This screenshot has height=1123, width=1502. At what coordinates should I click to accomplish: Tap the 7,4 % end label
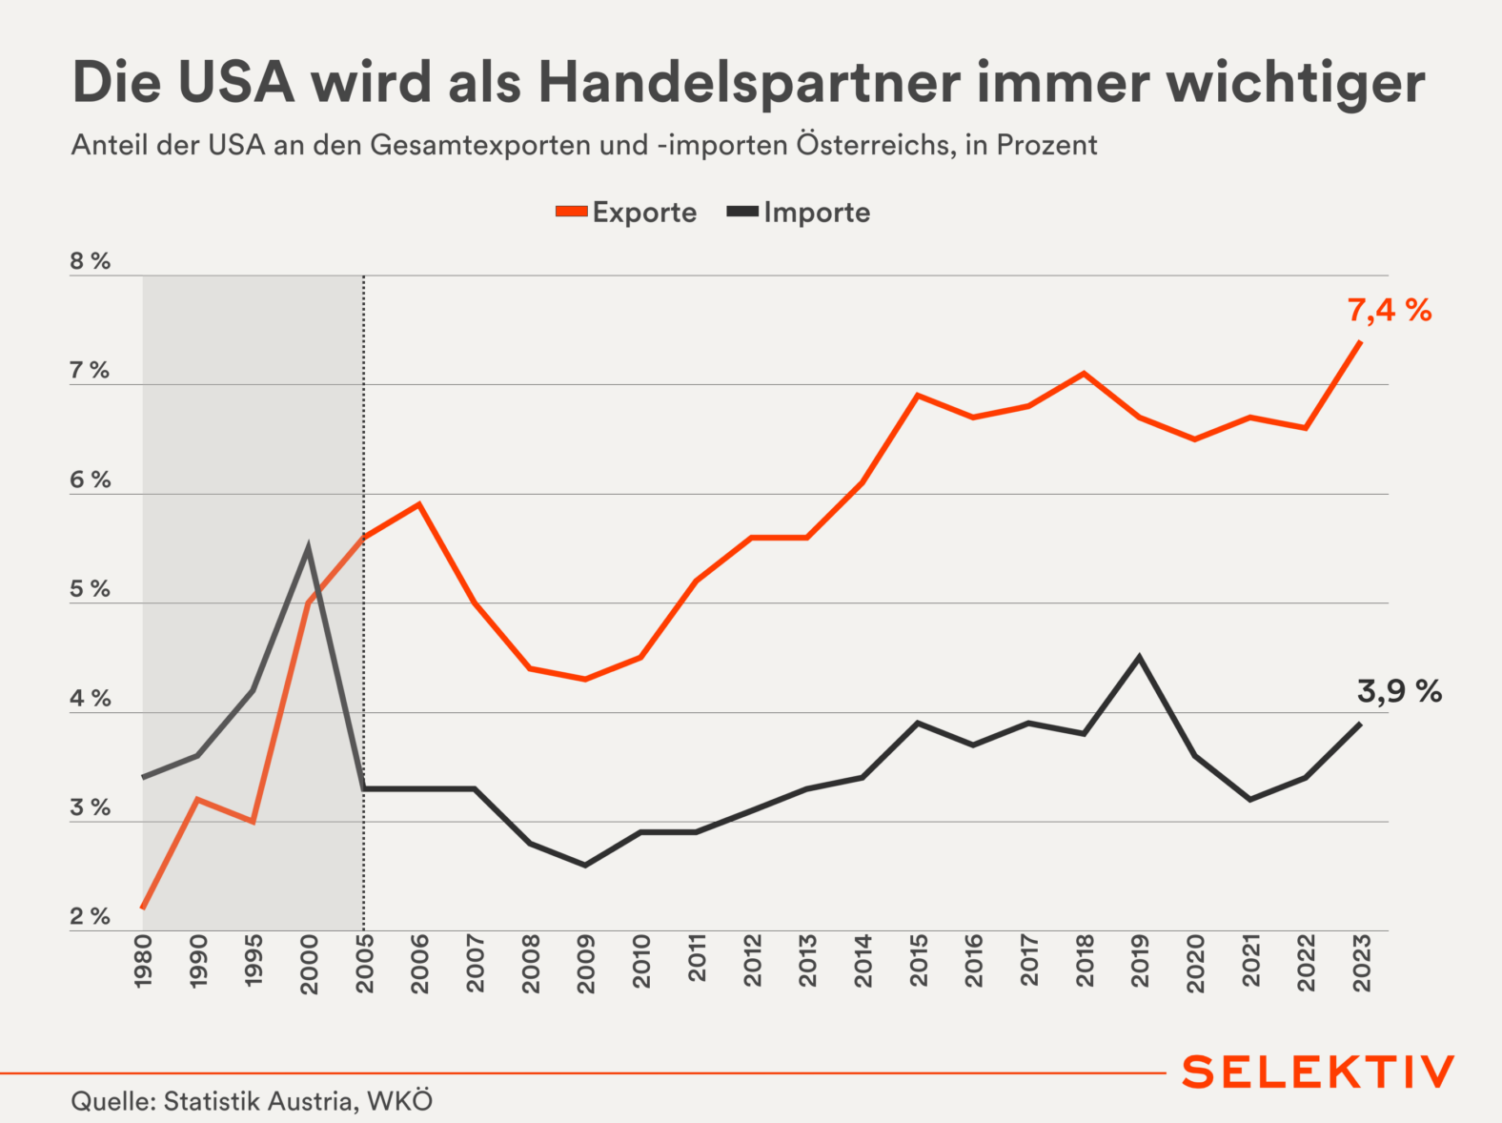(1389, 310)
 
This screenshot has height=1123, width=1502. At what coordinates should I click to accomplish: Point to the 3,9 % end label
(1398, 691)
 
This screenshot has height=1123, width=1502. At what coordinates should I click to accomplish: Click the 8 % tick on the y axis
(90, 262)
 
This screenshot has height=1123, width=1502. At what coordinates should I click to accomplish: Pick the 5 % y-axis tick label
(90, 590)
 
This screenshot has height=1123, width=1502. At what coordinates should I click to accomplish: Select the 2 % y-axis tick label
(90, 917)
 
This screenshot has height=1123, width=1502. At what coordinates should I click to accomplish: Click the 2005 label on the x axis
(365, 964)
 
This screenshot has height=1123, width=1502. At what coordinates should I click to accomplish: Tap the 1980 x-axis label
(144, 961)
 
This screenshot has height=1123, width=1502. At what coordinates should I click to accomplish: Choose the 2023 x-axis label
(1362, 964)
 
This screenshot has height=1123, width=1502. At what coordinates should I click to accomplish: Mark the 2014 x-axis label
(863, 961)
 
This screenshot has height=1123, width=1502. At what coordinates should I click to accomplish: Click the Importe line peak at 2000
(309, 547)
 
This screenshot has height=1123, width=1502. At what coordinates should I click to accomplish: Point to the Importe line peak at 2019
(1139, 657)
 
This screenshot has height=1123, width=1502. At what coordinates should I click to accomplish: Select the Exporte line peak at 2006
(419, 504)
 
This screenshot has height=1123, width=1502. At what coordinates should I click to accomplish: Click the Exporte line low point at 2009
(585, 679)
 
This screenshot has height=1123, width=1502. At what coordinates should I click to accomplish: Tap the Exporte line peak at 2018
(1084, 373)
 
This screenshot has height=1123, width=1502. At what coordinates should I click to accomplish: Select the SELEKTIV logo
(1318, 1072)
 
